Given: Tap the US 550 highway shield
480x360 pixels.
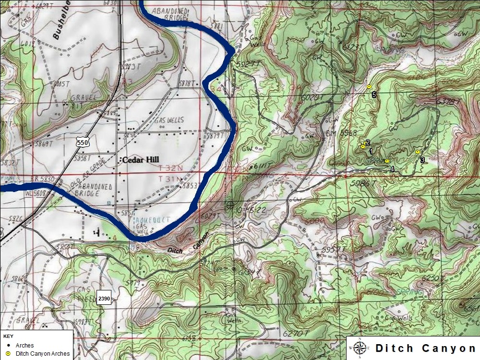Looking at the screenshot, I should point(83,142).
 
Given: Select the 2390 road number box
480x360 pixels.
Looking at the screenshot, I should point(104,298).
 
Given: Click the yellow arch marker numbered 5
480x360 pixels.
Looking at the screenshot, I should point(369,86).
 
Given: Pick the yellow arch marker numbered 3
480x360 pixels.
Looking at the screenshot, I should point(418,152).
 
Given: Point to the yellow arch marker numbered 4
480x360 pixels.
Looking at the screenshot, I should point(387,161).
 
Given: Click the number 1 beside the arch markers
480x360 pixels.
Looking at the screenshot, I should point(371,151).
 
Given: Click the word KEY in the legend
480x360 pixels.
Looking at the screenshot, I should point(8,336).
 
